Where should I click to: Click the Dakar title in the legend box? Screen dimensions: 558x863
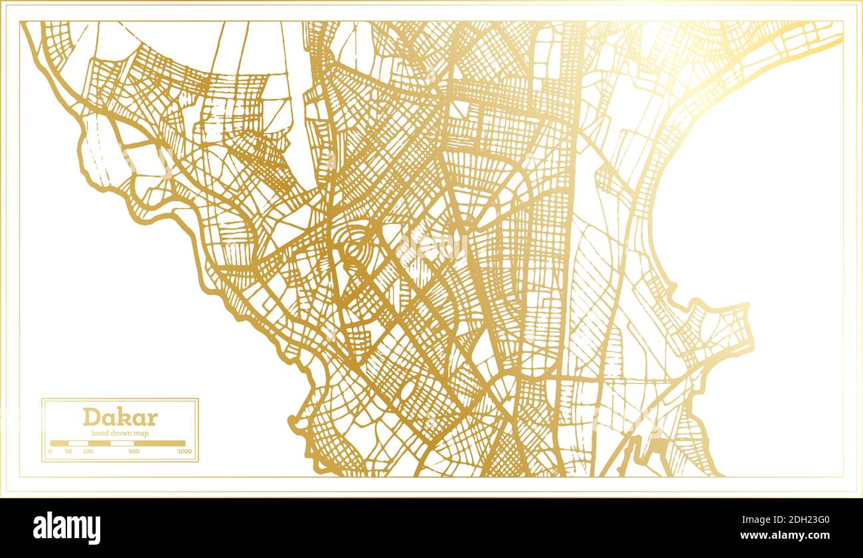(120, 417)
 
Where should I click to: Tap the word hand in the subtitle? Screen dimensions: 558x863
(99, 433)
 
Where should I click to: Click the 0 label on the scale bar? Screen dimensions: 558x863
(50, 452)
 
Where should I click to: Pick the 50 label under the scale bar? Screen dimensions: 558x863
(68, 452)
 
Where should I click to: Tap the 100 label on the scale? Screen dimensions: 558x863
(88, 452)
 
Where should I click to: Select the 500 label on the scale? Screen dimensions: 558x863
(134, 452)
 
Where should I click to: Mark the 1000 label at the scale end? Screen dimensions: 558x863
(184, 452)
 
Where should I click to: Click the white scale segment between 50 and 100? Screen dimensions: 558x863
(78, 443)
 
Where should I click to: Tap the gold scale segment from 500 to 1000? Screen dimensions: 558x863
(159, 443)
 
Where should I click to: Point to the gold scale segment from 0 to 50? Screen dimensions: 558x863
(60, 443)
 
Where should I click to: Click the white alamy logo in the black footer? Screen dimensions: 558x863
(67, 528)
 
